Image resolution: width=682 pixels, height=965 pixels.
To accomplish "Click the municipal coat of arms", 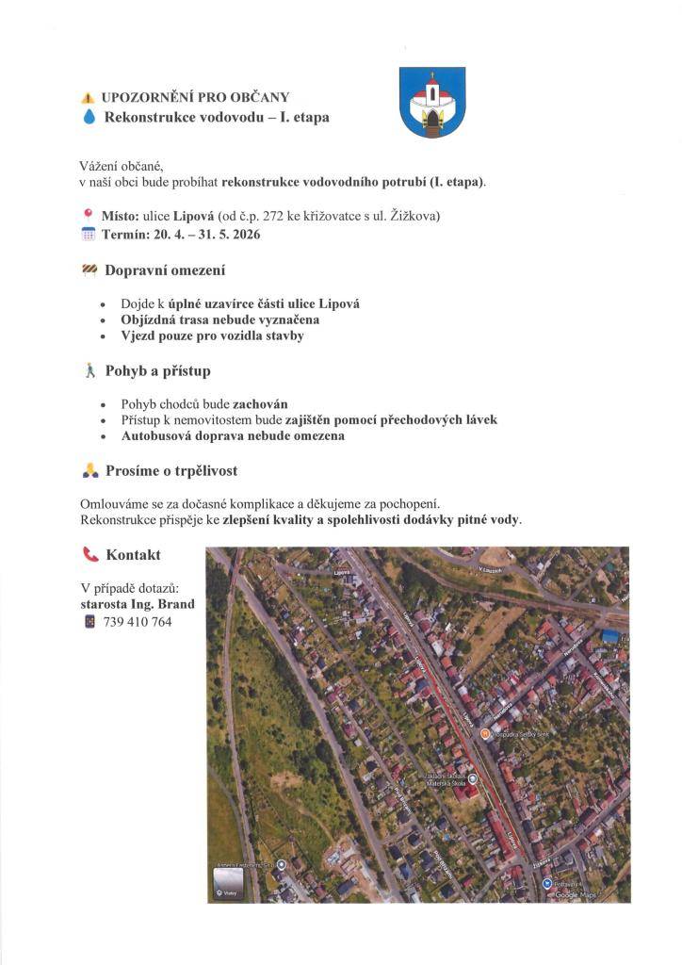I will click(431, 102).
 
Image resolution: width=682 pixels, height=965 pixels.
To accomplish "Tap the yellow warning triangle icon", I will click(89, 97).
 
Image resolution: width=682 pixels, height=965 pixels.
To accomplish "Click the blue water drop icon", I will click(89, 117).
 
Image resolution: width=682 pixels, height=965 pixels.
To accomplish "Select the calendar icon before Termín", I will click(89, 235).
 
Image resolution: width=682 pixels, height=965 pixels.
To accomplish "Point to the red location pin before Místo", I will click(89, 215).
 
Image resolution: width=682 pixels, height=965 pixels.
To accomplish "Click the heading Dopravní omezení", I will click(165, 270).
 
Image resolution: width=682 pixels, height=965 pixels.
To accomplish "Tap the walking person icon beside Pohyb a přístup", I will click(89, 371).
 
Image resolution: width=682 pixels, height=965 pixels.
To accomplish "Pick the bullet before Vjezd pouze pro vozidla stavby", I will click(102, 336).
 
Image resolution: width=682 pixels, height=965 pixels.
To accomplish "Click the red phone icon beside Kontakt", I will click(90, 555).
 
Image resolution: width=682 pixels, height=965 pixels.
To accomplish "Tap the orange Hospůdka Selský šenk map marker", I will click(484, 732).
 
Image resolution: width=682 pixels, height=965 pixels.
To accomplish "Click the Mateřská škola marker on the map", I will click(473, 778).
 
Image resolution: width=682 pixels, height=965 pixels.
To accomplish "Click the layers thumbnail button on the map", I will click(228, 883).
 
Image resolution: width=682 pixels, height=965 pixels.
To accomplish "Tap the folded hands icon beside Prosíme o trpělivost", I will click(89, 470).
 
